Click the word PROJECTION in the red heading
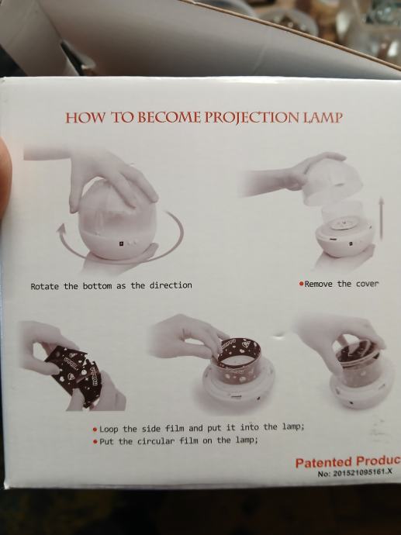click(251, 117)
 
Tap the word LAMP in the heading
click(322, 117)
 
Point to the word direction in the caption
click(171, 285)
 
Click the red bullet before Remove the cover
click(301, 284)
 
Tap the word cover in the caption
click(367, 284)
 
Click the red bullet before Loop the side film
click(95, 430)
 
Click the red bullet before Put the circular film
click(95, 441)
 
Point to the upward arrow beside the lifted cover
click(382, 218)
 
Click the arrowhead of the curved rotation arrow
click(60, 230)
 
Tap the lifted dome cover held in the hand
click(333, 186)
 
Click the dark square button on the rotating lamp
click(121, 243)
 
